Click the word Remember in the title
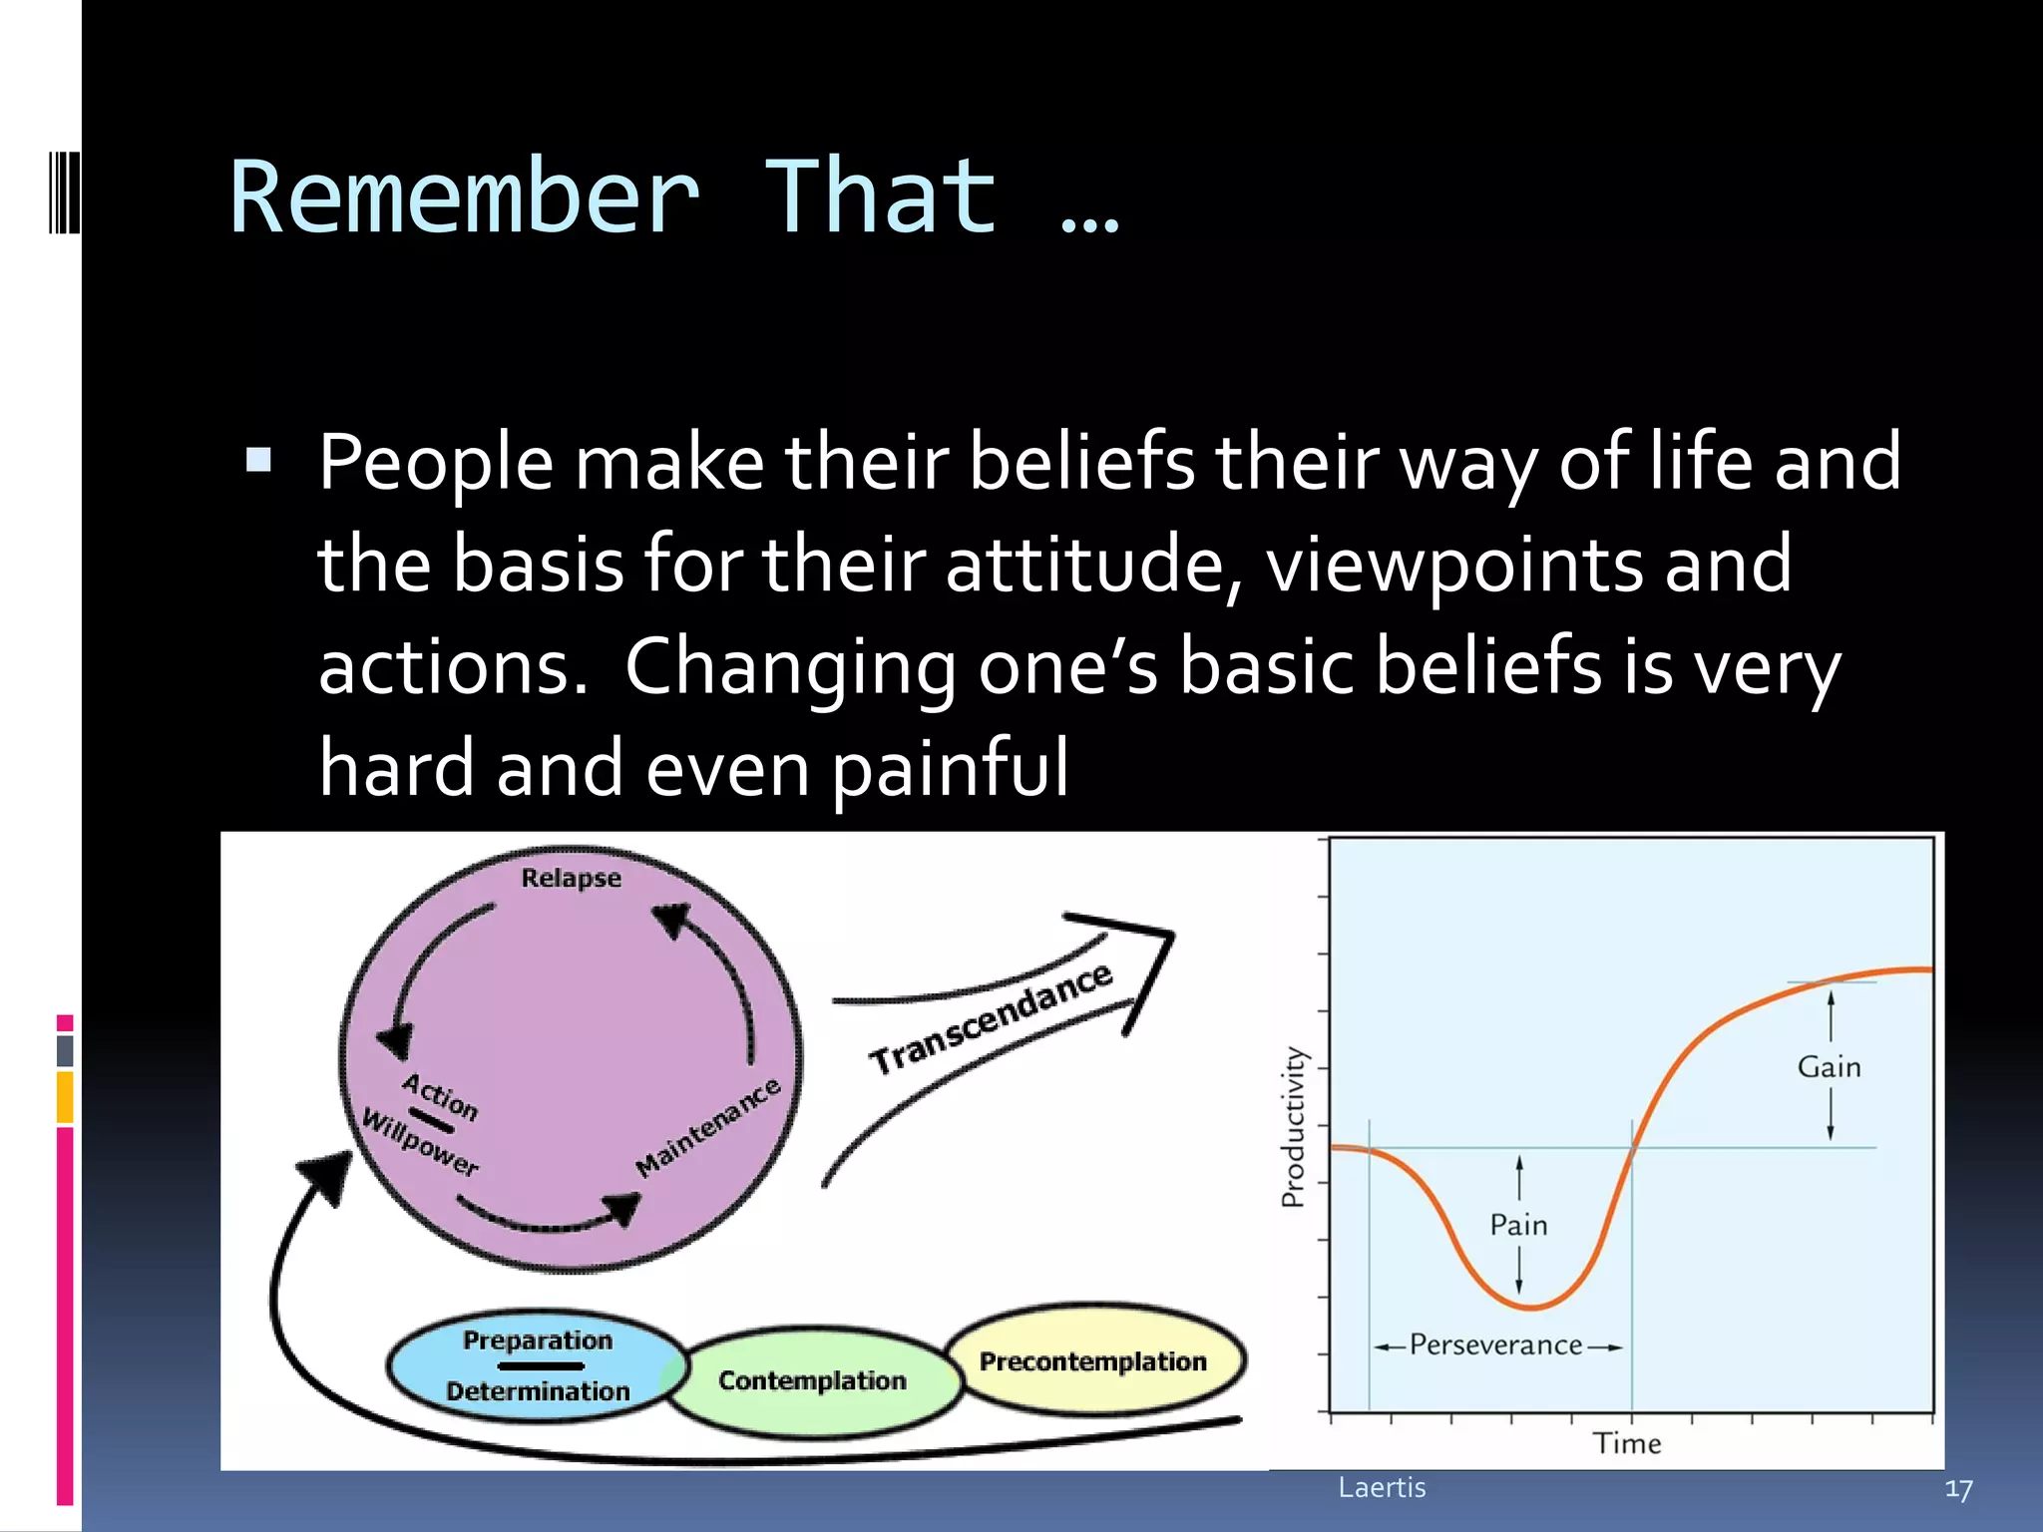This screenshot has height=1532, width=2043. point(464,197)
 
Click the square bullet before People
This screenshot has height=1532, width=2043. point(258,460)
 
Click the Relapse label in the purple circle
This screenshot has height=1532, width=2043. point(571,879)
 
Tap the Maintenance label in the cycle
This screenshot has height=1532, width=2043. point(708,1127)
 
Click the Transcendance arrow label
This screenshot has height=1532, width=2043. point(991,1018)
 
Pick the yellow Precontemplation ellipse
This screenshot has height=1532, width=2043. point(1093,1361)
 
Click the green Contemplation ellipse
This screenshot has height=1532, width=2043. point(812,1381)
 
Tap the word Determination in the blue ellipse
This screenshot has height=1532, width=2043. point(538,1391)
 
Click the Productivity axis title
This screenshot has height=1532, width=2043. point(1293,1127)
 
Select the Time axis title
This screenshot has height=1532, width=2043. point(1626,1443)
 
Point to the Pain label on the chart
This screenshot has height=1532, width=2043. point(1518,1225)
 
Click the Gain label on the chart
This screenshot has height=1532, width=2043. point(1829,1067)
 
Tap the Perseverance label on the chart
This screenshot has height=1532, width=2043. point(1495,1345)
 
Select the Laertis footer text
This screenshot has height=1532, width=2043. point(1382,1487)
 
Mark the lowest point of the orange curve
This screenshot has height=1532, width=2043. point(1529,1307)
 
